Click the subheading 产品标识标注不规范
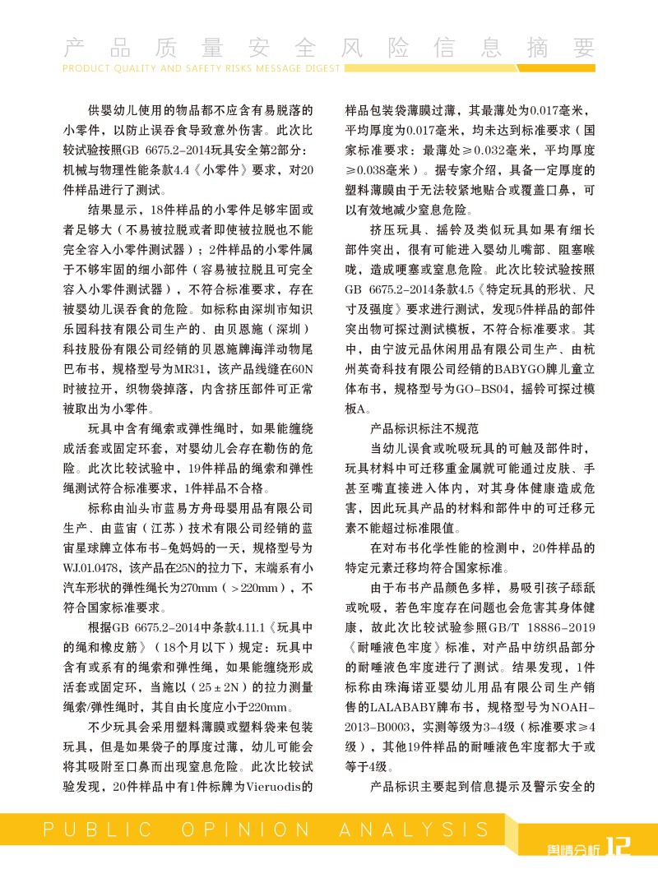pos(424,429)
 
